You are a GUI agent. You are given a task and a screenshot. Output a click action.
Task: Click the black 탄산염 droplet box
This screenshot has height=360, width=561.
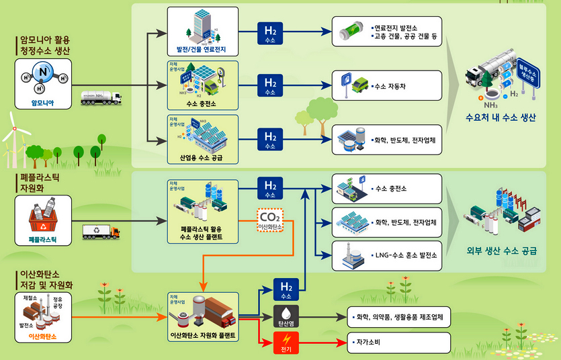click(x=286, y=316)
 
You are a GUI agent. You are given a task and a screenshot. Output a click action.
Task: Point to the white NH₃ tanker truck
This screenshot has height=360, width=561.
click(x=101, y=98)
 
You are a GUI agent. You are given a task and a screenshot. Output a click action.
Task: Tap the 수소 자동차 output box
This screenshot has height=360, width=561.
click(x=388, y=85)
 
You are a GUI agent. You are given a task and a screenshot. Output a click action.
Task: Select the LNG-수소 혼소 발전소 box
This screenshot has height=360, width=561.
click(x=388, y=255)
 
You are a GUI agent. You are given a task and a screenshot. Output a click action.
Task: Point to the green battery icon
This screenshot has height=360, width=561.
click(x=353, y=31)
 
